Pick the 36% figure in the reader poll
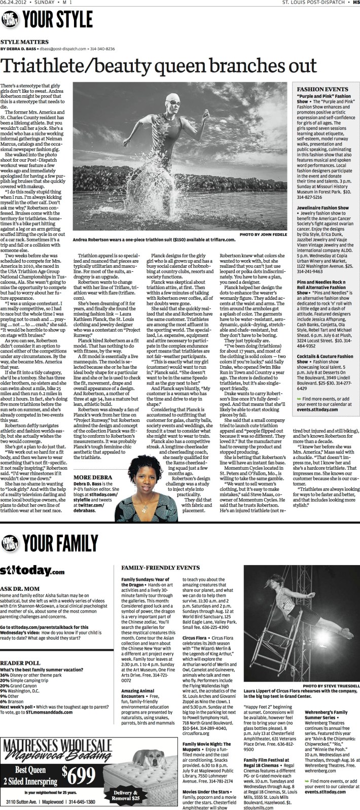(5, 676)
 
